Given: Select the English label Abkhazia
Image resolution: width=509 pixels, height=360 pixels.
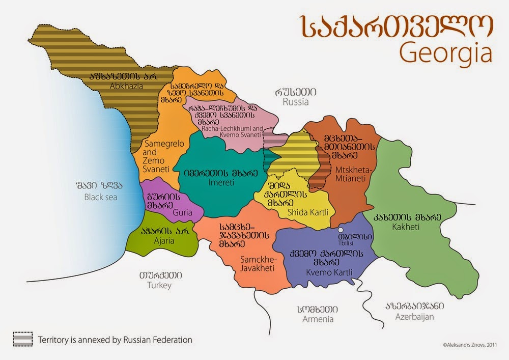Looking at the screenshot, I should [x=124, y=86].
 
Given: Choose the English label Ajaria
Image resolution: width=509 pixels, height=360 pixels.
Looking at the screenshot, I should [x=157, y=243].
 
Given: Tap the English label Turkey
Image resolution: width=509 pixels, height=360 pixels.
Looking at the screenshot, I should [x=160, y=285].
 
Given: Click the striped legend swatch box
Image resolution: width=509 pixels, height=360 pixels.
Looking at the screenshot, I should [x=23, y=339].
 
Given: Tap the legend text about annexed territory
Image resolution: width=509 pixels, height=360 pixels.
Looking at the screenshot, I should [x=116, y=339].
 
